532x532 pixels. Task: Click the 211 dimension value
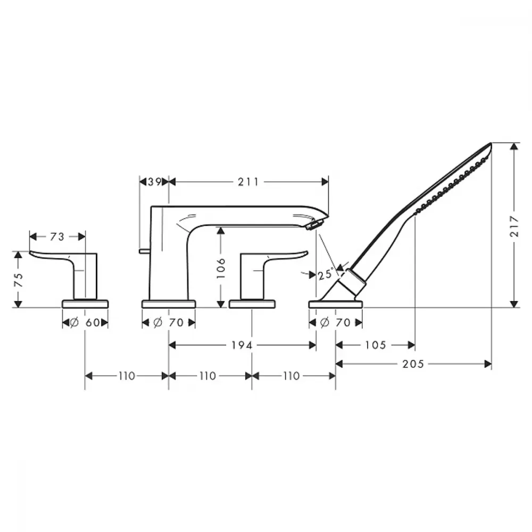[248, 182]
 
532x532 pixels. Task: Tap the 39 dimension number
[154, 182]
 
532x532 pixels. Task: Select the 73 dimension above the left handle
[57, 237]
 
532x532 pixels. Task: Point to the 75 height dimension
[19, 280]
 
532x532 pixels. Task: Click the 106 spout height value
[221, 268]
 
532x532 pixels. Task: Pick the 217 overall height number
[514, 226]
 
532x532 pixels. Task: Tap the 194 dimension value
[242, 345]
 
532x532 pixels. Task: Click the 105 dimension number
[376, 345]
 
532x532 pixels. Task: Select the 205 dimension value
[413, 364]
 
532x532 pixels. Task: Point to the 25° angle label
[326, 273]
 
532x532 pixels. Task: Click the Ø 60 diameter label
[85, 322]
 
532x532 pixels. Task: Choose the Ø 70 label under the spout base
[168, 322]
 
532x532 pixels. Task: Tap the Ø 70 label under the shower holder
[335, 322]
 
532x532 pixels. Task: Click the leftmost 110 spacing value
[127, 376]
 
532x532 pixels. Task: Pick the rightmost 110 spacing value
[292, 376]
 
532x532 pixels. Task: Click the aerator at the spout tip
[314, 225]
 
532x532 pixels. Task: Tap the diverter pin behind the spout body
[144, 251]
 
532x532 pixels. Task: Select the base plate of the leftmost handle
[85, 304]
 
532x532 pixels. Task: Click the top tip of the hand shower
[491, 144]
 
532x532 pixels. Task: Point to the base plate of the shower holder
[336, 304]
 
